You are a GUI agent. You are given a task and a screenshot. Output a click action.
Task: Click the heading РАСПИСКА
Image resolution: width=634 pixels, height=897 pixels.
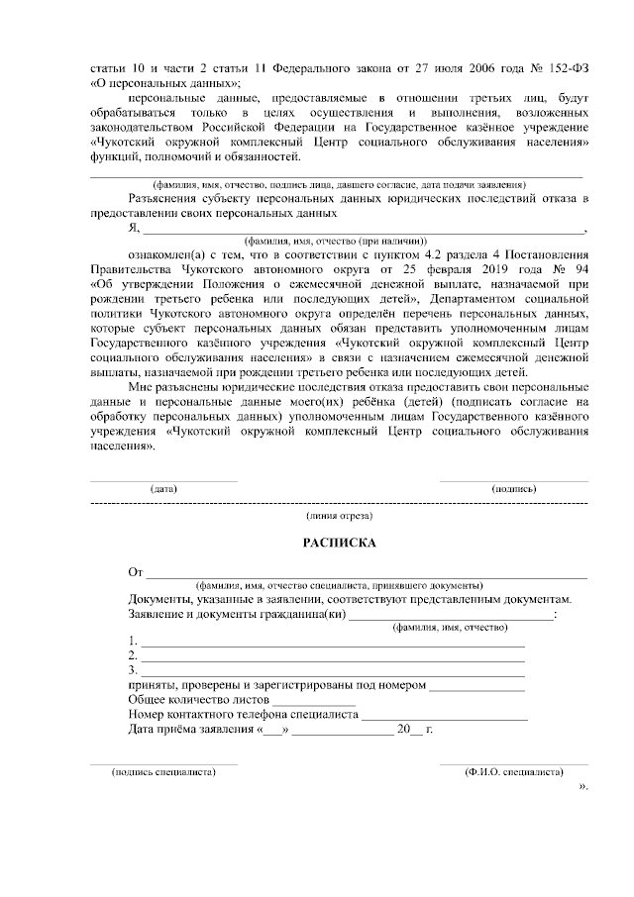coord(339,544)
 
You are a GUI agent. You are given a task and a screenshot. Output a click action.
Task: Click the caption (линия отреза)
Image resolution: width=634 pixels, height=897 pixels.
coord(340,516)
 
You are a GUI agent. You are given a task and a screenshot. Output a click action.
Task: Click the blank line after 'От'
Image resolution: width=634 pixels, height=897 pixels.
coord(367,575)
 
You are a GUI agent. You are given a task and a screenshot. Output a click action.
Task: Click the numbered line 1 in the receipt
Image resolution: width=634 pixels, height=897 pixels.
coord(332,645)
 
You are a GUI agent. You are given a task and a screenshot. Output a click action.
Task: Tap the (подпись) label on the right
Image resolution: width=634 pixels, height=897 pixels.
coord(514,489)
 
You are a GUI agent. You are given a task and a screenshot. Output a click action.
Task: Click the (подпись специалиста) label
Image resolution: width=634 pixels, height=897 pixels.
coord(164,772)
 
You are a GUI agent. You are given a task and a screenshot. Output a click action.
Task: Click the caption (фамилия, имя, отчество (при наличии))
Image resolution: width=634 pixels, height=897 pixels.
coord(336,240)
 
